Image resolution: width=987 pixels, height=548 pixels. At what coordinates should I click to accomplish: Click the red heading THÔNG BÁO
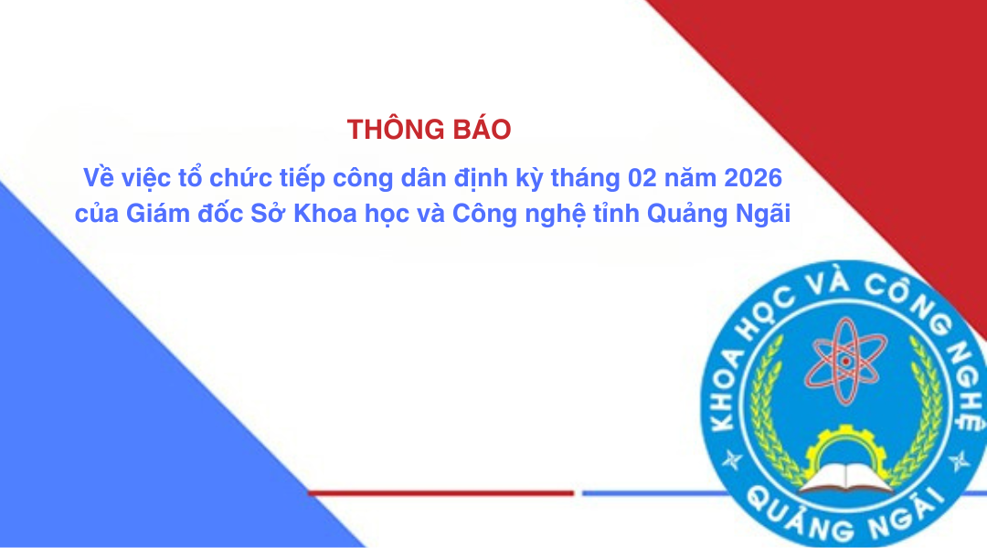429,129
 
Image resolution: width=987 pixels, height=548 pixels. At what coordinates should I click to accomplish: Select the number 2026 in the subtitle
753,178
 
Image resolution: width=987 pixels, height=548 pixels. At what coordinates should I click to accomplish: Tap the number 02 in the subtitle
642,178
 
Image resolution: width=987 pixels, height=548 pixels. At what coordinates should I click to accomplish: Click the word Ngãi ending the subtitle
763,214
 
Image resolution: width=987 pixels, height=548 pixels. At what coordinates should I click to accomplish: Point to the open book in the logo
845,478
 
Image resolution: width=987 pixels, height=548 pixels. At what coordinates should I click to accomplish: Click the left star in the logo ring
731,460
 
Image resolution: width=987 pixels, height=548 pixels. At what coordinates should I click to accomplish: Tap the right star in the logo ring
960,461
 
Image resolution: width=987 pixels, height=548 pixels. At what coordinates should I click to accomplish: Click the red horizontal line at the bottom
440,493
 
